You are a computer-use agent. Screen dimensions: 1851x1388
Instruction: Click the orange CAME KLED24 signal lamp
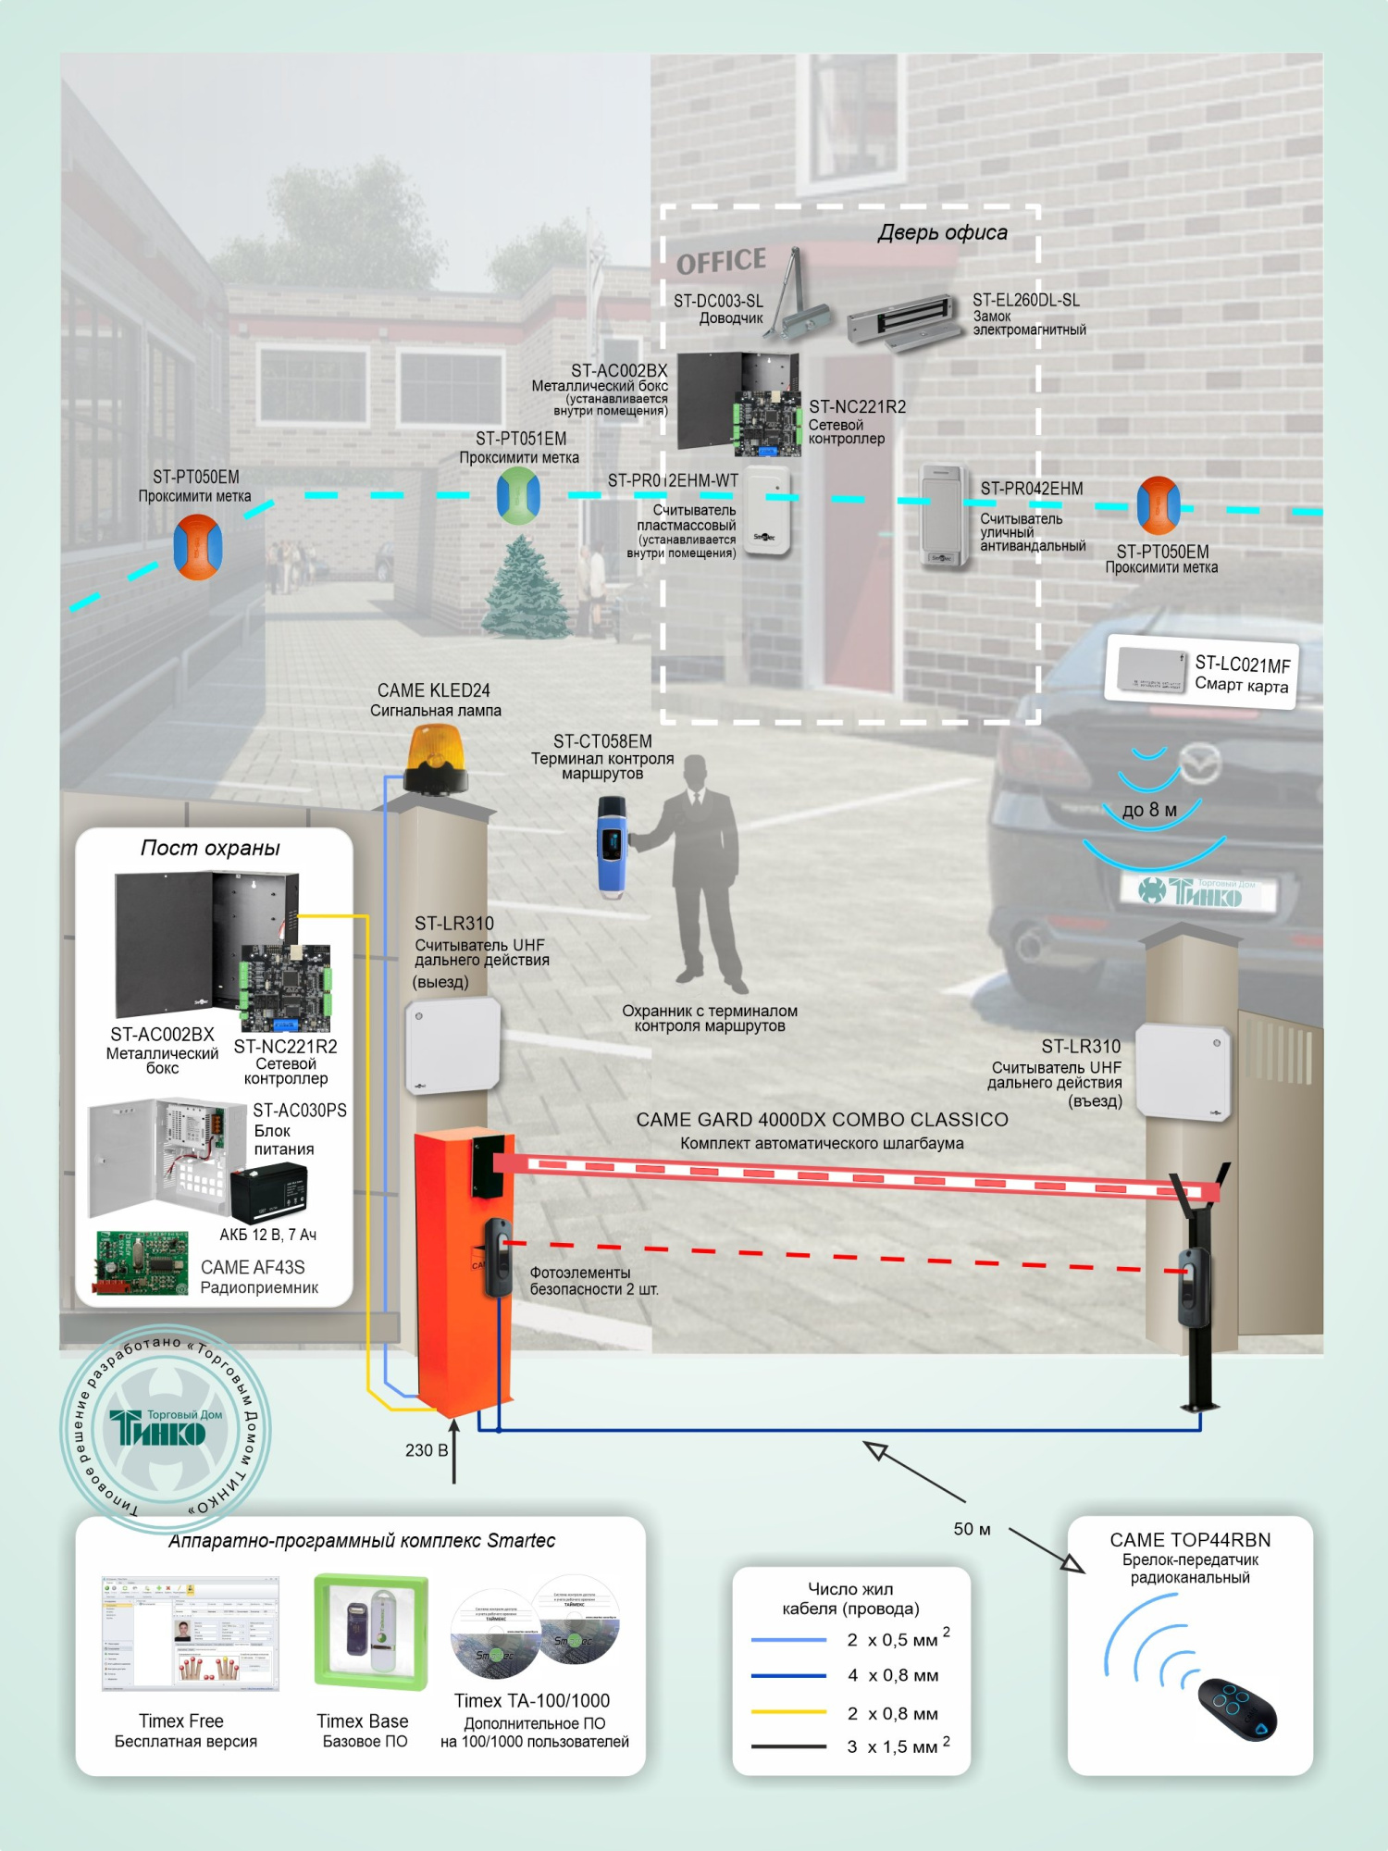[435, 758]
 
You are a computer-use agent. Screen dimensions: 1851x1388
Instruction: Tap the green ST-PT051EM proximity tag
[518, 495]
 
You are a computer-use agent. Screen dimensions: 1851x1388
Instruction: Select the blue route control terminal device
[612, 848]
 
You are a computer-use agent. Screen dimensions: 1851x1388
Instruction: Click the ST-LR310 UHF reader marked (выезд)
[452, 1045]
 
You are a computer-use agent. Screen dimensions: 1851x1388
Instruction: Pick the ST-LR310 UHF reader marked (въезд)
[1183, 1072]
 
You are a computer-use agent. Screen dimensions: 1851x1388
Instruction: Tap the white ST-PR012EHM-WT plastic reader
[768, 511]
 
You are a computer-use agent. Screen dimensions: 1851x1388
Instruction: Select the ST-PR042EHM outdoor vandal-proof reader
[944, 515]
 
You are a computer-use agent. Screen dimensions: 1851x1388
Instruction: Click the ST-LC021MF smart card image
[1151, 670]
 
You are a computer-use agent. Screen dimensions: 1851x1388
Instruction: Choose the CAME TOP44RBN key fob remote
[1237, 1708]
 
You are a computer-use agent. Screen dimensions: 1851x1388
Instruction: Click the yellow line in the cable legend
[788, 1712]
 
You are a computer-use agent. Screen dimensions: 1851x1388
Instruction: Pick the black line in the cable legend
[788, 1746]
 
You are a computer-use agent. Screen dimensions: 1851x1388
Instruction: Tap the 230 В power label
[426, 1450]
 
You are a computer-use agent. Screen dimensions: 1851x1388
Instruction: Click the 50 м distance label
[972, 1529]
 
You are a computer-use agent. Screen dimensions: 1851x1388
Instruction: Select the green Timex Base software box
[370, 1632]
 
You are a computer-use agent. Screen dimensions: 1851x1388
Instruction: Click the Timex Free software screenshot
[190, 1634]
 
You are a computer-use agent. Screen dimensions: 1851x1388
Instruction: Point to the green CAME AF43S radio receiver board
[142, 1261]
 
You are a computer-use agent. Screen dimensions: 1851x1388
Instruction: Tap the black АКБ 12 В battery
[268, 1194]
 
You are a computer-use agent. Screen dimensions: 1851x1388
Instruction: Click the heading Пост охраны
[210, 848]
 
